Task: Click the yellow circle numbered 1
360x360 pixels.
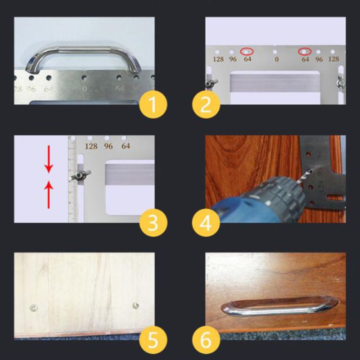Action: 153,105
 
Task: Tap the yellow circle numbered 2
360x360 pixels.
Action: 206,105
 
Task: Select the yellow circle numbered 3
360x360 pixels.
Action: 153,222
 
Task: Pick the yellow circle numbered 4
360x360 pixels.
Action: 206,222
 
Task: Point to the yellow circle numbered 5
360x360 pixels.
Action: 153,340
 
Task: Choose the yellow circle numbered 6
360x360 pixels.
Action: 206,340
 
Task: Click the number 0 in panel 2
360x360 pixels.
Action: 276,59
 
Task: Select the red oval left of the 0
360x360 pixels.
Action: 247,51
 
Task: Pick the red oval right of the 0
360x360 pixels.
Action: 306,51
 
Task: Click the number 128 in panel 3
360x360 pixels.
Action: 91,146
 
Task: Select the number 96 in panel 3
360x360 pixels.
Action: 108,146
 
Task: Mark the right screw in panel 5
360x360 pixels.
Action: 135,306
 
